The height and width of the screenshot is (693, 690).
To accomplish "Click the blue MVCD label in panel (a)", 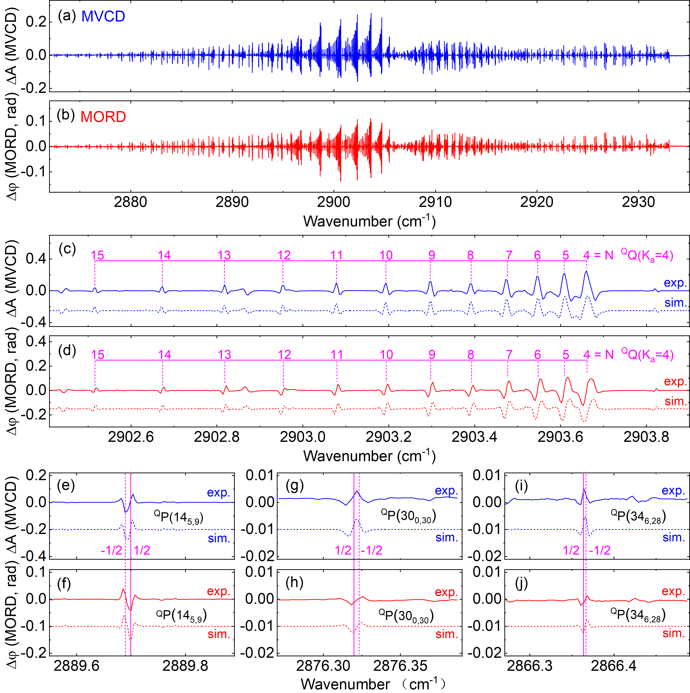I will click(x=103, y=16).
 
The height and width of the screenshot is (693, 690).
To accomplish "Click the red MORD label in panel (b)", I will click(x=103, y=117).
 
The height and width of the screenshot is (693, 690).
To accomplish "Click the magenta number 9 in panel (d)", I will click(x=432, y=355).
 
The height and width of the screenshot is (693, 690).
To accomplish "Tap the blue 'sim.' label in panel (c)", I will click(x=675, y=303).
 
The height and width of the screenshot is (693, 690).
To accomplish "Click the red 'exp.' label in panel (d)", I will click(x=675, y=381).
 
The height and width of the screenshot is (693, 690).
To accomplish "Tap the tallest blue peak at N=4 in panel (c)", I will click(x=586, y=272).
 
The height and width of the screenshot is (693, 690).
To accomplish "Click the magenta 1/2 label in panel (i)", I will click(x=571, y=550).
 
